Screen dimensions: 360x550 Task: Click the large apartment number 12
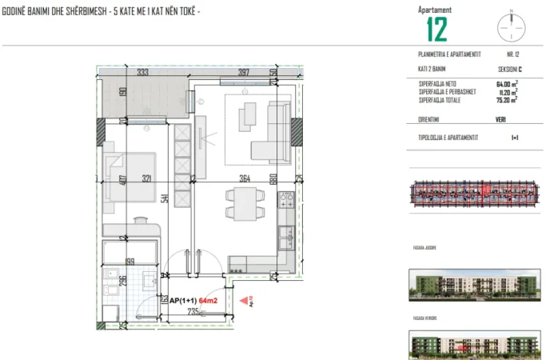coord(436,29)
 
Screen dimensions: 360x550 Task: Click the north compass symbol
coord(511,26)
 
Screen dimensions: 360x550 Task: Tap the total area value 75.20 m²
coord(507,101)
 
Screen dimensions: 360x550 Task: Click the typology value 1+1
coord(515,138)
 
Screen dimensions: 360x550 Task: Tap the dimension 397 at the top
coord(244,73)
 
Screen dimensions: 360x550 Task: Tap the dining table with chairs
coord(242,203)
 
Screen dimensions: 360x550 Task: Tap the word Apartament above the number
coord(435,9)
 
